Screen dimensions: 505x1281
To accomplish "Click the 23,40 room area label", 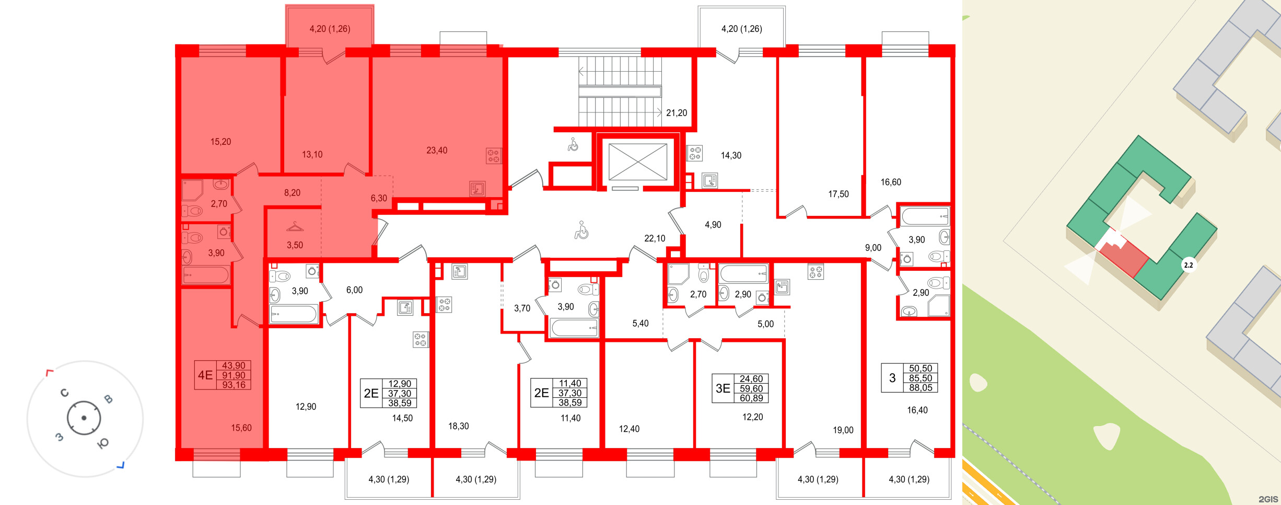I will tap(437, 151).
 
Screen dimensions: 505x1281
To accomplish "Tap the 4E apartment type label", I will tap(205, 375).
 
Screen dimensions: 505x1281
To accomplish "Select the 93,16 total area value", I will tap(234, 385).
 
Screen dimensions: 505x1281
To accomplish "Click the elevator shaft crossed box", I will tap(638, 162).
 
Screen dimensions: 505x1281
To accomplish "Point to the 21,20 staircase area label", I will tap(676, 113).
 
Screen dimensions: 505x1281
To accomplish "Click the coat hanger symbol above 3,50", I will tap(295, 227).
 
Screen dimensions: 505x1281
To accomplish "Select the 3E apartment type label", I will tap(723, 388).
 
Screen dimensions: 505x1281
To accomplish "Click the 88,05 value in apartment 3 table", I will tap(920, 388).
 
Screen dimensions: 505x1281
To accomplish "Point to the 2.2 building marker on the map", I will tap(1188, 265).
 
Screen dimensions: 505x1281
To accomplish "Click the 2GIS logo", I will tap(1268, 499).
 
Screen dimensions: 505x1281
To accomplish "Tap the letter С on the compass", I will tap(65, 393).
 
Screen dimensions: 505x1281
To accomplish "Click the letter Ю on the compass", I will tap(103, 443).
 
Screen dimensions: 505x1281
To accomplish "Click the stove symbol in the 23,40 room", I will tap(493, 156).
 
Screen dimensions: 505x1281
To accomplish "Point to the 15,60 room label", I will tap(241, 428).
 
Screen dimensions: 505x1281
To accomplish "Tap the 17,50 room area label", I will tap(838, 194).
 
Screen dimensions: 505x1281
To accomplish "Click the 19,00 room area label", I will tap(843, 430).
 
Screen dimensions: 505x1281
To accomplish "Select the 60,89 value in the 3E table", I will tap(751, 398).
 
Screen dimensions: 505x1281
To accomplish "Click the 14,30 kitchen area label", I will tap(731, 156).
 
